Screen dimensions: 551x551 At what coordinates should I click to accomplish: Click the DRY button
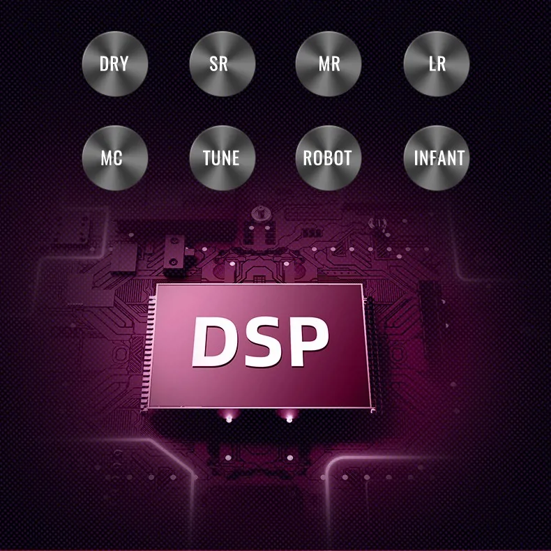pyautogui.click(x=114, y=64)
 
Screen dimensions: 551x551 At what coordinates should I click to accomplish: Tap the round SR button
pyautogui.click(x=222, y=64)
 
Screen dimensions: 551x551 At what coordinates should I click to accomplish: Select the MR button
pyautogui.click(x=329, y=64)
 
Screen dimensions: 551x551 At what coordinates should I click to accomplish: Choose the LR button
pyautogui.click(x=437, y=64)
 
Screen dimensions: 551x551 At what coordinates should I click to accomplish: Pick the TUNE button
pyautogui.click(x=222, y=158)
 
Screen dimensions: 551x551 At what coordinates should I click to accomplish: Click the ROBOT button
pyautogui.click(x=329, y=158)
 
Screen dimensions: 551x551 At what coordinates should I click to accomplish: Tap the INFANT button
pyautogui.click(x=437, y=158)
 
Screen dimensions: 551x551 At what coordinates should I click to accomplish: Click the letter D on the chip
pyautogui.click(x=214, y=342)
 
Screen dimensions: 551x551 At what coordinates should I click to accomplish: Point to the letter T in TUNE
pyautogui.click(x=207, y=158)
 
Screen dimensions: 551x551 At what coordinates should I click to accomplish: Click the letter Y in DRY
pyautogui.click(x=124, y=64)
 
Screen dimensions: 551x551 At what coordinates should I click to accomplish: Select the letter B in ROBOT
pyautogui.click(x=329, y=158)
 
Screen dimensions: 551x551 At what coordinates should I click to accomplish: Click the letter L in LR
pyautogui.click(x=432, y=64)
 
